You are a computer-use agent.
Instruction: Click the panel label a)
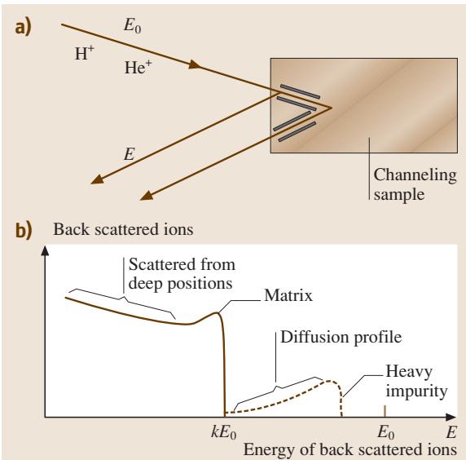point(23,29)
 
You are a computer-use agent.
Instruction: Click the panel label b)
point(24,231)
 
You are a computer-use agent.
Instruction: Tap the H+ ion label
point(85,53)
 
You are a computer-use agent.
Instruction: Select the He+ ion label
point(138,67)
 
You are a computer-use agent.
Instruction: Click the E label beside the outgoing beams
point(130,154)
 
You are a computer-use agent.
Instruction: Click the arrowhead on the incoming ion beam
point(195,64)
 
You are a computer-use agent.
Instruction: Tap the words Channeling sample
point(415,184)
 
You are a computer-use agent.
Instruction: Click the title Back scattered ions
point(123,229)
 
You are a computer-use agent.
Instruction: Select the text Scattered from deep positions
point(182,274)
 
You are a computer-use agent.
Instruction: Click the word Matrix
point(288,295)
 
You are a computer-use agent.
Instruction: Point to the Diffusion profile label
point(341,338)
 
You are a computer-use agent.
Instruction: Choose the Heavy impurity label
point(416,381)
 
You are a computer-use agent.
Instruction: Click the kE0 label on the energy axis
point(223,432)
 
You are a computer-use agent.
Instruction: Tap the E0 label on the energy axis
point(386,432)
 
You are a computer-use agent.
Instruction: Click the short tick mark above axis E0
point(385,411)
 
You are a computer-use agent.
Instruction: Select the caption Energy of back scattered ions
point(350,449)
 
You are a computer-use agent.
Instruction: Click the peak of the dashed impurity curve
point(329,381)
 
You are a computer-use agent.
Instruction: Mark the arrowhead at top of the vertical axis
point(45,251)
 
